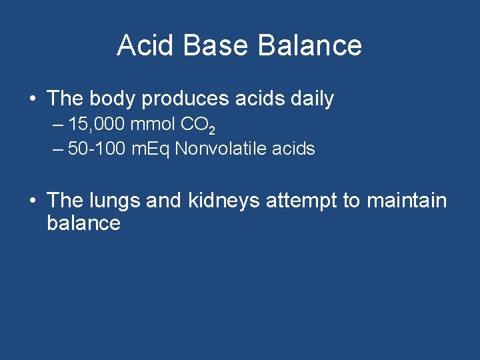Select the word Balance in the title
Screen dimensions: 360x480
click(x=309, y=45)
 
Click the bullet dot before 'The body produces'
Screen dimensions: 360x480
click(x=31, y=99)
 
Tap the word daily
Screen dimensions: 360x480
click(x=311, y=99)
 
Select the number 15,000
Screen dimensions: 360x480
click(x=97, y=125)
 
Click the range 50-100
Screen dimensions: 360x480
click(x=97, y=149)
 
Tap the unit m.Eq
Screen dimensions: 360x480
click(x=151, y=149)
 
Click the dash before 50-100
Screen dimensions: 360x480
click(x=58, y=149)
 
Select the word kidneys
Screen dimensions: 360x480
click(x=224, y=201)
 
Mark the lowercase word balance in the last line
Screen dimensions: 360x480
click(x=83, y=223)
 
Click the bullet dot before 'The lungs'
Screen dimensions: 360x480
click(x=31, y=201)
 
